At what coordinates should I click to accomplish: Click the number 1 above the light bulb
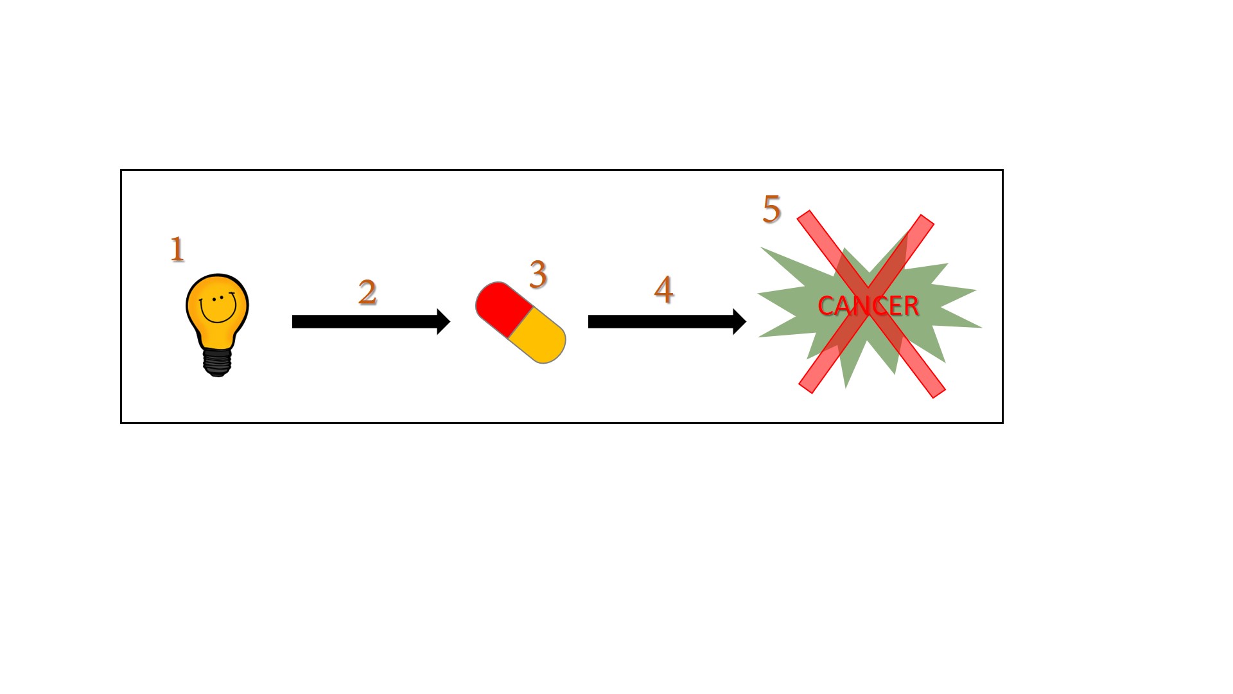[177, 249]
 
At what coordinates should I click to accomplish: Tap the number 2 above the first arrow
[367, 292]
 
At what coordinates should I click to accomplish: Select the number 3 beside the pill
[538, 274]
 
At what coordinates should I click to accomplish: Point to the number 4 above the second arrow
[664, 289]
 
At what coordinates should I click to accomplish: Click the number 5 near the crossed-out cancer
[771, 209]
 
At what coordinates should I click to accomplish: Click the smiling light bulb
[218, 325]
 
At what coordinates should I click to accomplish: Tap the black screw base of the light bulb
[217, 362]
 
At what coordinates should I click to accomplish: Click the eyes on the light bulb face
[218, 298]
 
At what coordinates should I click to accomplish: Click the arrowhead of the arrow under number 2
[443, 321]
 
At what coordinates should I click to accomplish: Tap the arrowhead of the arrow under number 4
[739, 321]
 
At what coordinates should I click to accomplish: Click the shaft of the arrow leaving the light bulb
[365, 321]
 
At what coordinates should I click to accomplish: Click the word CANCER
[868, 306]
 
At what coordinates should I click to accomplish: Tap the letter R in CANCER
[911, 306]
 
